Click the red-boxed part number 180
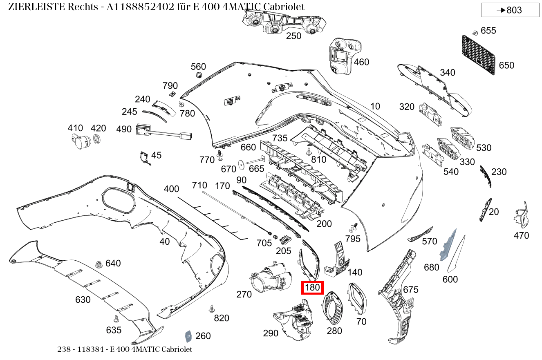tap(312, 288)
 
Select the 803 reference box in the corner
tap(510, 10)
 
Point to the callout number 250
tap(293, 36)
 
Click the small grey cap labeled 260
tap(189, 336)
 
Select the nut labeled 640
tap(98, 264)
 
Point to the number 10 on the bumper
tap(375, 106)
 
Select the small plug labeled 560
tap(199, 75)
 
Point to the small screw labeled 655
tap(475, 32)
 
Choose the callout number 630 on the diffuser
tap(83, 300)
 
